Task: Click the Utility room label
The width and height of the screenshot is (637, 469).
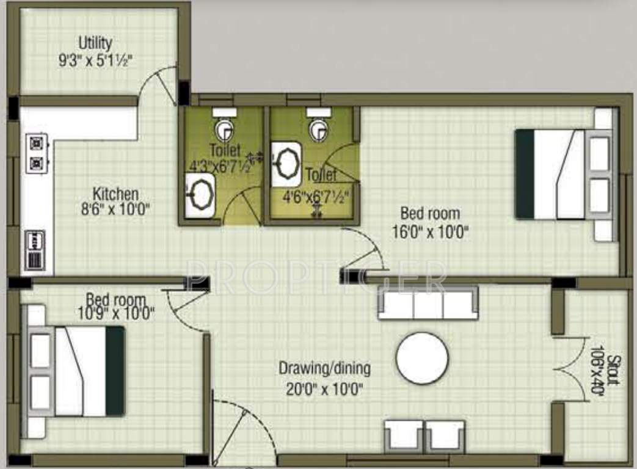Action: [95, 43]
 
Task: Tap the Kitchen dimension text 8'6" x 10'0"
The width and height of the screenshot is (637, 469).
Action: [115, 209]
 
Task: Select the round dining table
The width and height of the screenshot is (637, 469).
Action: [422, 358]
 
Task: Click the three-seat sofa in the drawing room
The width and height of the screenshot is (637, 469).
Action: [428, 303]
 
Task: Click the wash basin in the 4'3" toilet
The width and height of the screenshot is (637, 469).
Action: [200, 195]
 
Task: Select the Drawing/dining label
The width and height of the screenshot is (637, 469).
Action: [324, 369]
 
